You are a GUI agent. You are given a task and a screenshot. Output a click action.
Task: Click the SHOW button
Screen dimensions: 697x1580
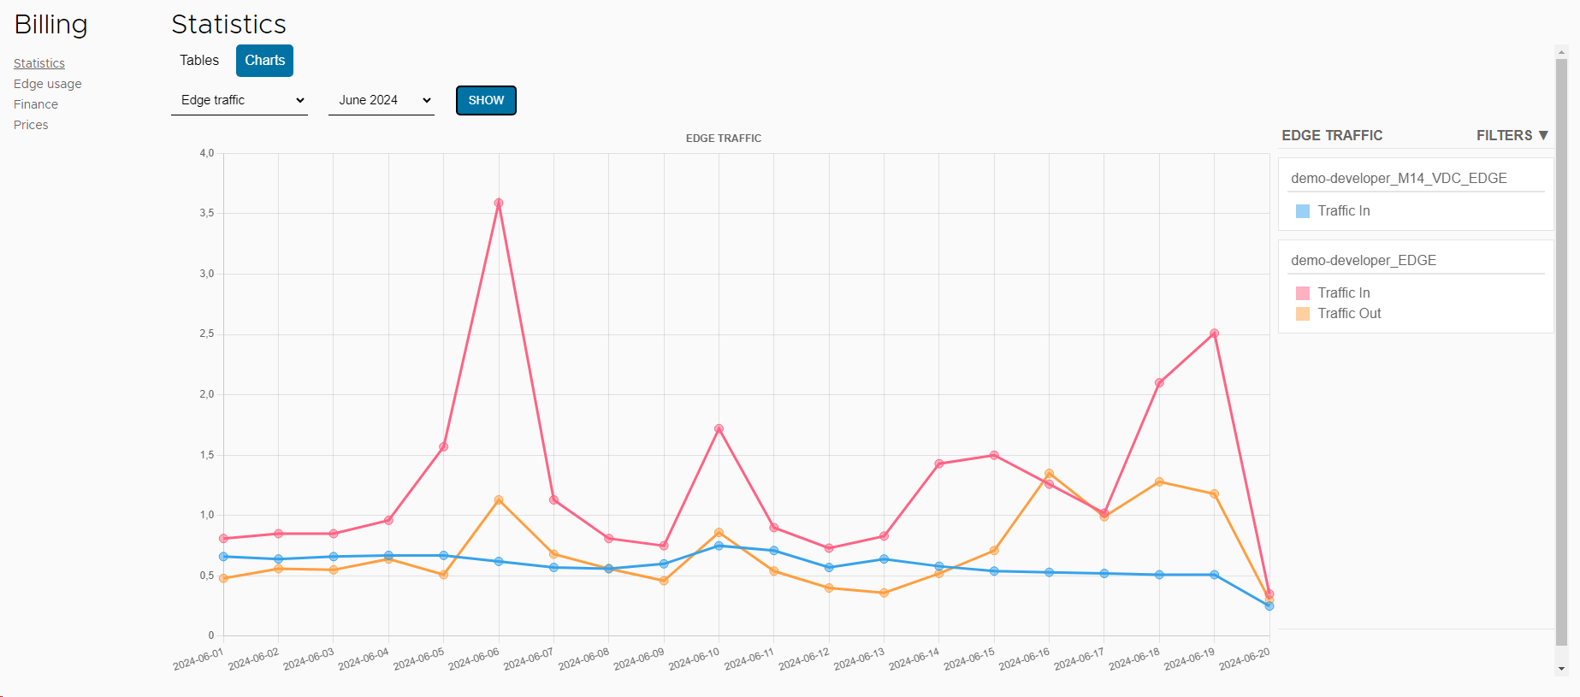[x=486, y=100]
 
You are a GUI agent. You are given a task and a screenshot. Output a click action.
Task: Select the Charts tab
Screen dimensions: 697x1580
[x=264, y=61]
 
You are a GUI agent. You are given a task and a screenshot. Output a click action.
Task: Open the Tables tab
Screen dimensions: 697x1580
[x=199, y=61]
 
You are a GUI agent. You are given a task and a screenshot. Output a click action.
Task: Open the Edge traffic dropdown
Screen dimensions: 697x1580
[x=240, y=100]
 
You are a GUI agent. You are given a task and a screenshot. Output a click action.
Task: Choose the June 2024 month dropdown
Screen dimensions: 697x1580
[x=382, y=100]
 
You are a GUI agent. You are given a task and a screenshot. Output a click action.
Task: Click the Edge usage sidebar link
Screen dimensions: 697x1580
[x=48, y=84]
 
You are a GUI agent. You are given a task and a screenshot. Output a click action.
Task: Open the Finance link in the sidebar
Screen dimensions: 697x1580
[x=36, y=104]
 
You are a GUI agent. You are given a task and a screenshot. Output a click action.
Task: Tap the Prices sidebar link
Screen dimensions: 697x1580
[x=31, y=125]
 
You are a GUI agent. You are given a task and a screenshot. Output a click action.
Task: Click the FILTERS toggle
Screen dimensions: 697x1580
[x=1512, y=135]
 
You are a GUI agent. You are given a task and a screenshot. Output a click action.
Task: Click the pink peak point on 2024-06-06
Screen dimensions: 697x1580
[x=499, y=204]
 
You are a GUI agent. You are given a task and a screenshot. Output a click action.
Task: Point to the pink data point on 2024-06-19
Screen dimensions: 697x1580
[x=1214, y=334]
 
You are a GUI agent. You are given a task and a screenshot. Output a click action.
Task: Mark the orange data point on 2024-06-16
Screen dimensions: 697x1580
[x=1049, y=473]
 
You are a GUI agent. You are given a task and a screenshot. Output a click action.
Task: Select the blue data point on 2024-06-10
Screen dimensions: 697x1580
[x=719, y=546]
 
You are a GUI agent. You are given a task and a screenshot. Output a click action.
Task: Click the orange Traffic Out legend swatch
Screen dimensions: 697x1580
[x=1303, y=314]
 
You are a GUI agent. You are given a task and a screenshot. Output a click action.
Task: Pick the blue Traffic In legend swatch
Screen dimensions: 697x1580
[x=1303, y=211]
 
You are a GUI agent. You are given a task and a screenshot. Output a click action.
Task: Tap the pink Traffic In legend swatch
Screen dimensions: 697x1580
[x=1303, y=293]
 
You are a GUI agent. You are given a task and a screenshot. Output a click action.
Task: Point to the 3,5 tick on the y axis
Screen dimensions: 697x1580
[x=207, y=213]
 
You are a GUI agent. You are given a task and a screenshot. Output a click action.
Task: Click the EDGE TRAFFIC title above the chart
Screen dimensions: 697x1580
[x=723, y=138]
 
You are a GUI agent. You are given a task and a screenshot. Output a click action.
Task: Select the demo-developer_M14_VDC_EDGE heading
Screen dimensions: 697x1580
[x=1399, y=178]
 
